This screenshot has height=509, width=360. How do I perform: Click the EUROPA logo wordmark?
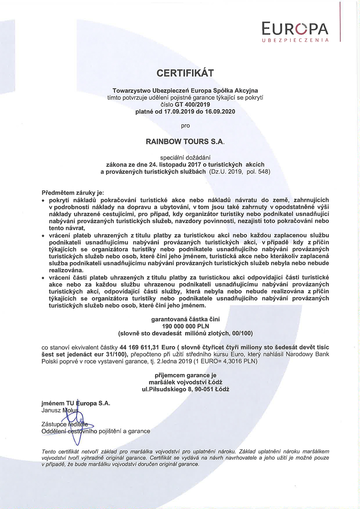click(x=295, y=28)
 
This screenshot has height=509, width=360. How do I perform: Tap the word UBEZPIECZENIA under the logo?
click(x=295, y=40)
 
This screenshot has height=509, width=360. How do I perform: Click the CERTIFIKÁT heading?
click(x=185, y=73)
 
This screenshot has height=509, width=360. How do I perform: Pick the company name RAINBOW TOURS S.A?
click(x=185, y=141)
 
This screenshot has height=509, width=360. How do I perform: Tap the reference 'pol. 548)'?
click(x=258, y=172)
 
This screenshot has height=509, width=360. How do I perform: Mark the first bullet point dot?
click(x=43, y=200)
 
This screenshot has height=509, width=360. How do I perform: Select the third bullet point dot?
click(x=43, y=278)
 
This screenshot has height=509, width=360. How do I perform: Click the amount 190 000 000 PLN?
click(x=185, y=326)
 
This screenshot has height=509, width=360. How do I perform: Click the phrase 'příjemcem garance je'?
click(x=185, y=375)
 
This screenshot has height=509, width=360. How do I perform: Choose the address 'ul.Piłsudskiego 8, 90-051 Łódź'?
click(x=185, y=389)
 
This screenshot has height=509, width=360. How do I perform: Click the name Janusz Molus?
click(x=60, y=410)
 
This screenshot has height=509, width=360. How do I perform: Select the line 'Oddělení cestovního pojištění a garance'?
click(x=96, y=431)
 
